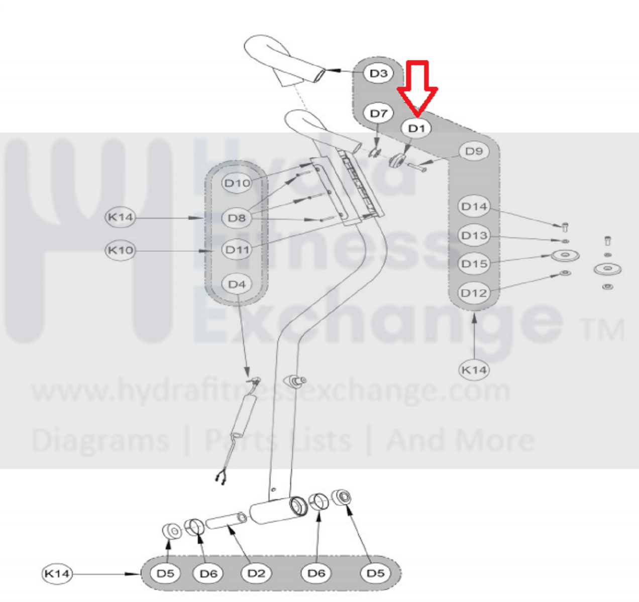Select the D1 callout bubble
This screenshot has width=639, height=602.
416,129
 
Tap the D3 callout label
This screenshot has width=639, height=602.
378,73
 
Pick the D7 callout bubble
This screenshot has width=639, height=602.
378,113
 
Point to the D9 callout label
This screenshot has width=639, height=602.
474,151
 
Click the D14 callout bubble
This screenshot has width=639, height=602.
474,206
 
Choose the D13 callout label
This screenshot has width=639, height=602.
474,235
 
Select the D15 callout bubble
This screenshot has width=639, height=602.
474,264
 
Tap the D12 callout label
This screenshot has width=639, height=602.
474,293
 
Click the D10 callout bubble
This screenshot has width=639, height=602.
237,183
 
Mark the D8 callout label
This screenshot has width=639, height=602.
237,218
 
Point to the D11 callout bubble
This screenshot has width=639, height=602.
237,250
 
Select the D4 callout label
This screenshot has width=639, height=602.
237,284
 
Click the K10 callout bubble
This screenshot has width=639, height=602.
120,250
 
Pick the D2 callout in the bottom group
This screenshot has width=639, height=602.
256,573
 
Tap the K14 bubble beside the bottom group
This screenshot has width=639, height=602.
57,573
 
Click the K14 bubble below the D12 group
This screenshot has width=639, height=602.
474,370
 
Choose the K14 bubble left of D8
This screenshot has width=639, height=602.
120,217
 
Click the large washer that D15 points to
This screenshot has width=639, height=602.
565,256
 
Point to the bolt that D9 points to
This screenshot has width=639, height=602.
417,167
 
